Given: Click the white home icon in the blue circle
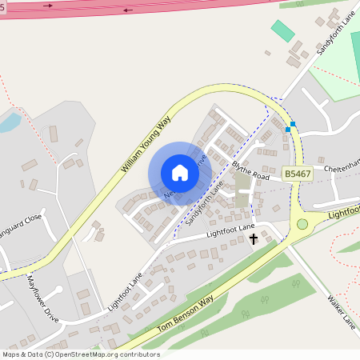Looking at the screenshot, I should (180, 173).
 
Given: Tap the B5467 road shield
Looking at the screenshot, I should (296, 173).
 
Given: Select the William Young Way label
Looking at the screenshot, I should (146, 144).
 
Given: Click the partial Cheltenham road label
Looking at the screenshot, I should (342, 169).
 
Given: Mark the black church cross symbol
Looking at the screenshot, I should (254, 238).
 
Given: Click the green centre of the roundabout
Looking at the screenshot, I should (302, 224).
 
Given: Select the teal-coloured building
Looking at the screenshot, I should (282, 31).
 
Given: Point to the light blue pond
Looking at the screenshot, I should (10, 122).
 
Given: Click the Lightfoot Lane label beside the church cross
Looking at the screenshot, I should (229, 231).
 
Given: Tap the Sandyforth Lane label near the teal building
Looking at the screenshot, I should (336, 33).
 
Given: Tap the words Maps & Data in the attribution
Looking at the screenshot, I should (22, 354).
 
